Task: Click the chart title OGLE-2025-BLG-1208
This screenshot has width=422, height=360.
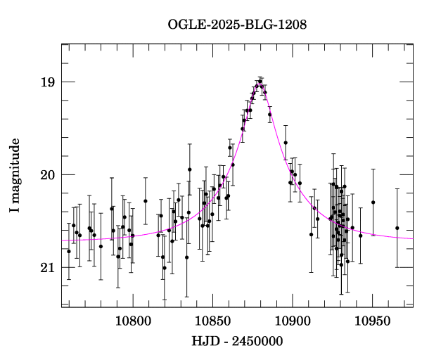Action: pos(237,25)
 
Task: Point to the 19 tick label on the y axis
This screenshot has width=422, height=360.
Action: pos(47,82)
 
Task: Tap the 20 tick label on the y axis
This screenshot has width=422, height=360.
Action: pos(47,175)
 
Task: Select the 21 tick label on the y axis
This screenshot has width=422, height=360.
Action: pos(47,268)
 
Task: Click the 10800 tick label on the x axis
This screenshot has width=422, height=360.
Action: pos(132,321)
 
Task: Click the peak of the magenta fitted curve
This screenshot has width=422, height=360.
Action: pos(260,83)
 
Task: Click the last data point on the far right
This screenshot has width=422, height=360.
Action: pos(397,228)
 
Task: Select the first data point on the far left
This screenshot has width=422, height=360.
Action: pos(69,251)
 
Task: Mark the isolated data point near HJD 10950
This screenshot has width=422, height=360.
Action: pos(373,202)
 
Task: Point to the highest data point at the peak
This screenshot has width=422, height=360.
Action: pos(260,82)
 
